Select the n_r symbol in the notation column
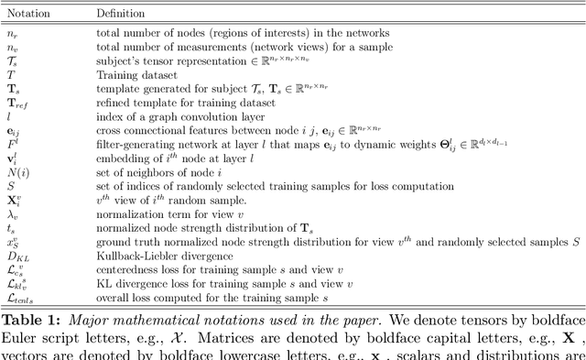12,33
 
